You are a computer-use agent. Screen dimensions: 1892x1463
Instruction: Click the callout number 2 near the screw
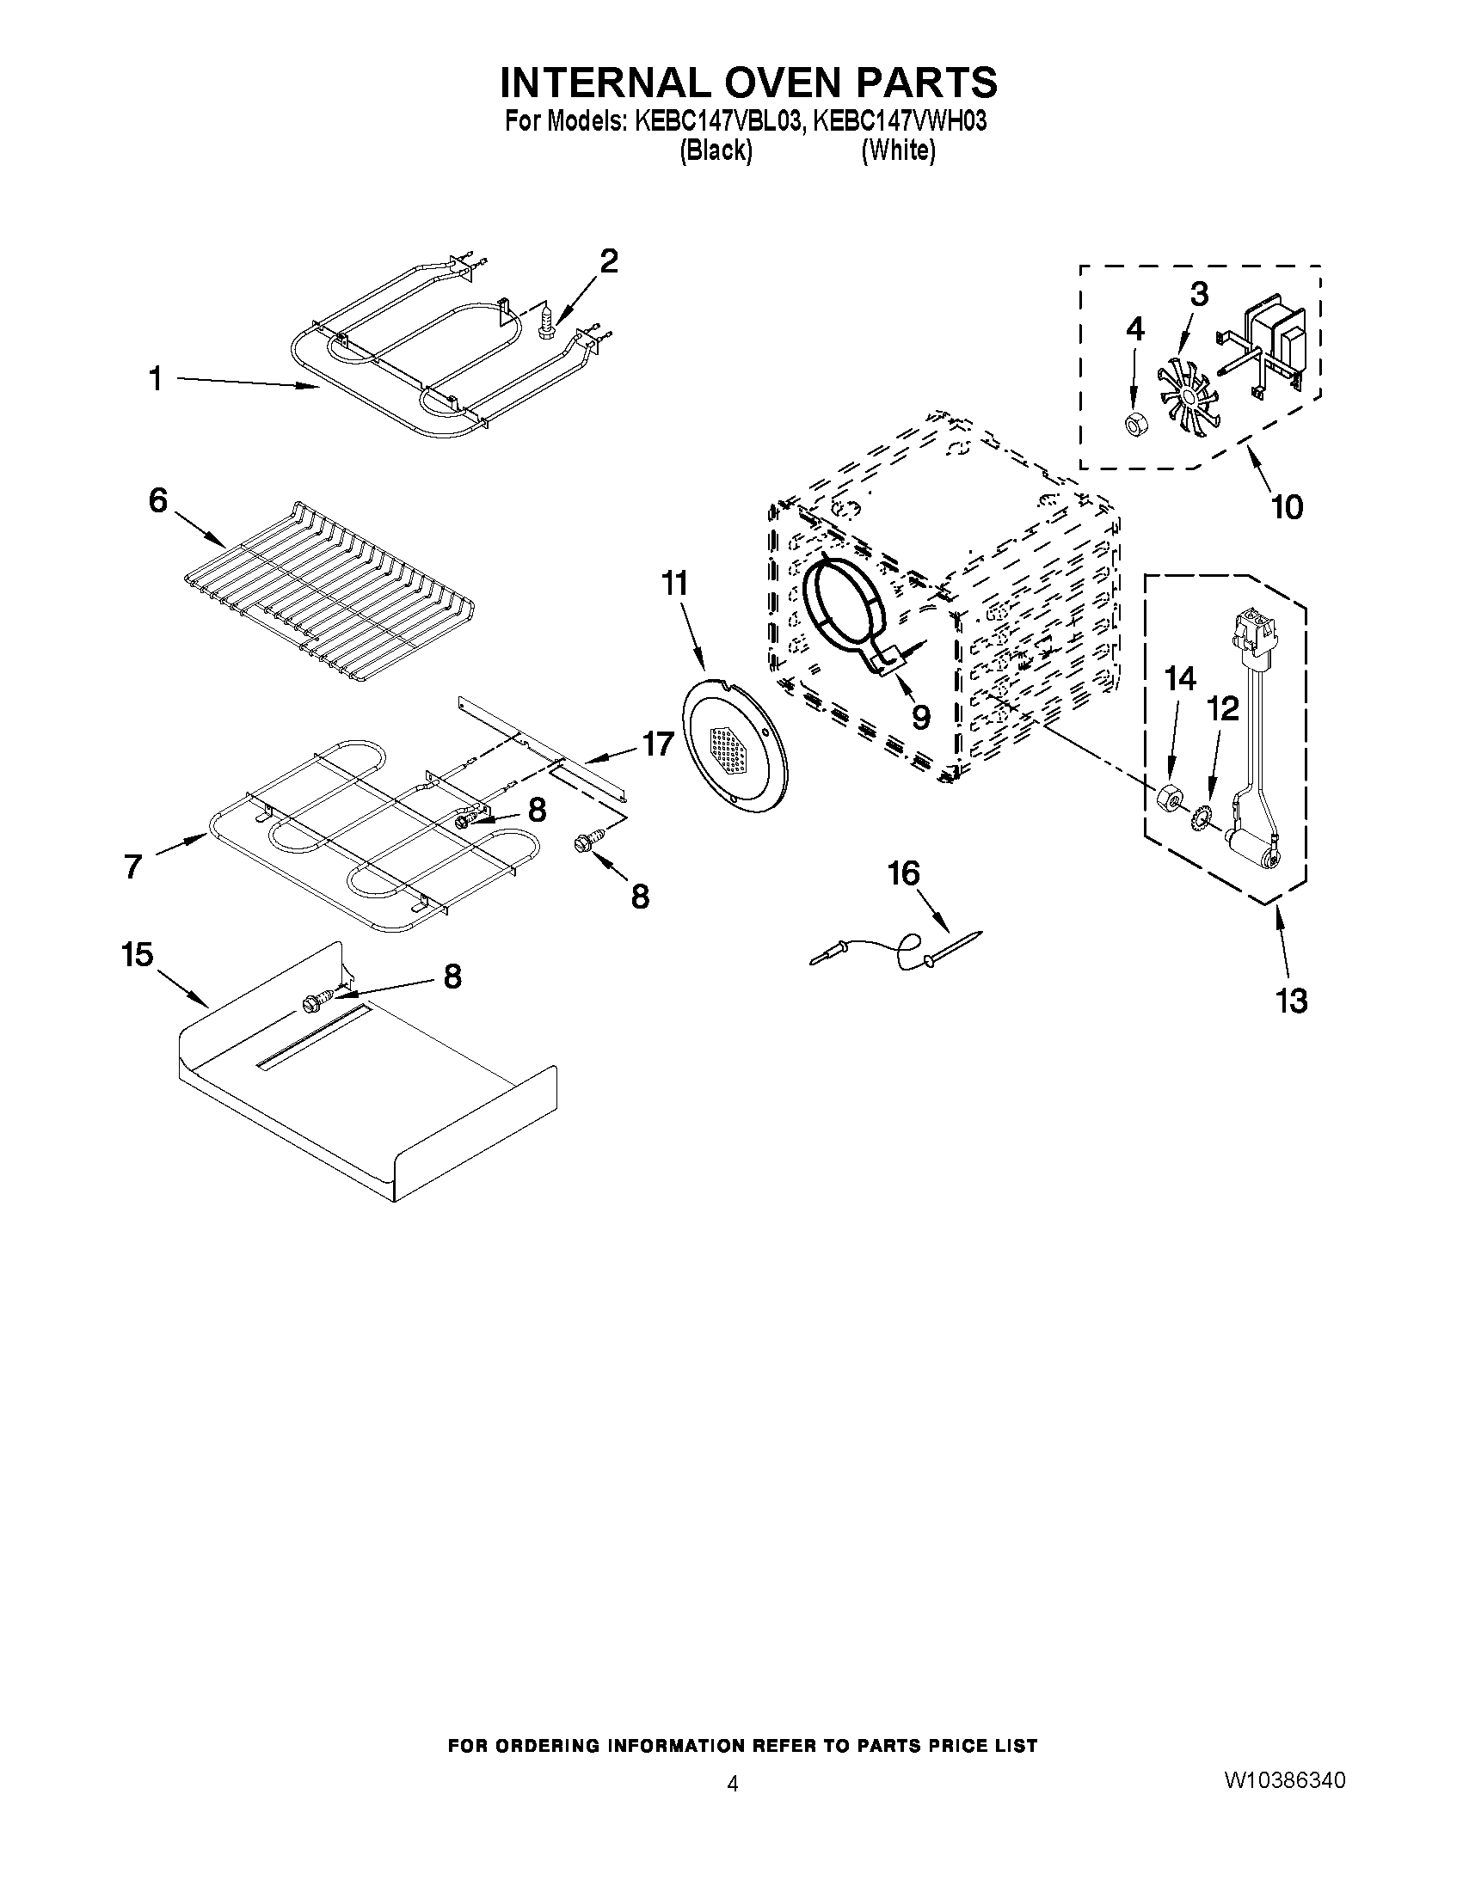tap(609, 260)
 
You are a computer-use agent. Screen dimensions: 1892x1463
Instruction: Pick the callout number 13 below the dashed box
tap(1291, 1001)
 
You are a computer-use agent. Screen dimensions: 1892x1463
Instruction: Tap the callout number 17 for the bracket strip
tap(658, 744)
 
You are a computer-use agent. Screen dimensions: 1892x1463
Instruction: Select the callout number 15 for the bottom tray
tap(137, 955)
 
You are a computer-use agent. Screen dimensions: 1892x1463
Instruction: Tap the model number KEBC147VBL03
tap(716, 121)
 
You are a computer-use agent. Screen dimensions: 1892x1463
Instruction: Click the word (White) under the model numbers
tap(898, 150)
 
